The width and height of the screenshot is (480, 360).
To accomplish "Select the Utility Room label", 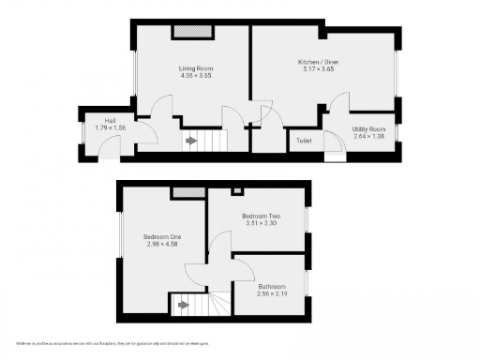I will (x=368, y=128).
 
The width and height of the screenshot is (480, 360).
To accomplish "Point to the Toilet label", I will (x=303, y=141).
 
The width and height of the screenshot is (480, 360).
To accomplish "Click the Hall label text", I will (x=110, y=120).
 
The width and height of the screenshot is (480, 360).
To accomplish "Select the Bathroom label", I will (x=271, y=286).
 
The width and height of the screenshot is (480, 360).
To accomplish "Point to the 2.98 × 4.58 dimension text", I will (x=161, y=245).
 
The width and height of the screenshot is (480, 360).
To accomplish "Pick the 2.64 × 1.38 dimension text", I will (x=368, y=136).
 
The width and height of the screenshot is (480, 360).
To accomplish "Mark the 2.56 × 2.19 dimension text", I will (x=271, y=293).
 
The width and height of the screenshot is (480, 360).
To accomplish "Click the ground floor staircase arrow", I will (x=191, y=142).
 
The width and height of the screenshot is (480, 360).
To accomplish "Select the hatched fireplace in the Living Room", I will (x=192, y=33).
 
